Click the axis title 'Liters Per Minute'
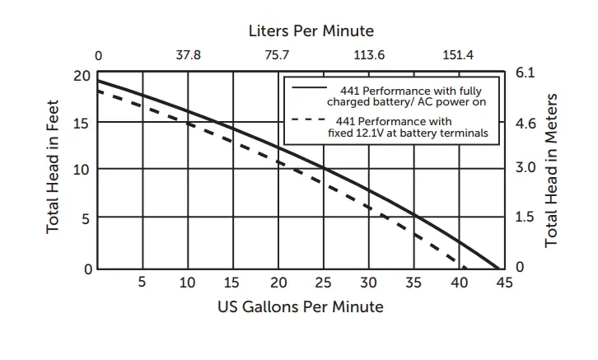click(311, 31)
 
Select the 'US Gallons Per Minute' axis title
click(301, 307)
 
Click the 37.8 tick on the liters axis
click(188, 56)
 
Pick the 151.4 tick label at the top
click(458, 56)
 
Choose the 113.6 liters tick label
click(368, 56)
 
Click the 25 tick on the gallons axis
click(324, 283)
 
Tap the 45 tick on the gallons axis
click(503, 283)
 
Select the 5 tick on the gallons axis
click(142, 283)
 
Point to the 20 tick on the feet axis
click(81, 76)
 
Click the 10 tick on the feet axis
click(81, 170)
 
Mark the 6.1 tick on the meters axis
click(525, 73)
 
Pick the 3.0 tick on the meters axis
click(525, 168)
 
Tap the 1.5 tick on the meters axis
click(525, 217)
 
